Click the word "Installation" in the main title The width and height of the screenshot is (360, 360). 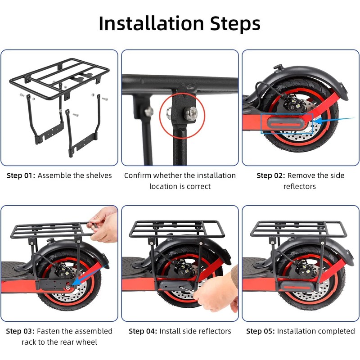tap(151, 23)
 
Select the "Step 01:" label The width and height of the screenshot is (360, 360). tap(21, 175)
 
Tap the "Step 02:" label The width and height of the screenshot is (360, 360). tap(271, 175)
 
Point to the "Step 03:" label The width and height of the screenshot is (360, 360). tap(20, 331)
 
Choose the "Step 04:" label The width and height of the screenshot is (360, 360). tap(143, 331)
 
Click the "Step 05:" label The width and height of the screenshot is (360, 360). tap(261, 331)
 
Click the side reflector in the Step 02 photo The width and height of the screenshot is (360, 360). tap(286, 124)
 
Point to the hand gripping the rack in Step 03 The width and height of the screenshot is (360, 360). tap(103, 224)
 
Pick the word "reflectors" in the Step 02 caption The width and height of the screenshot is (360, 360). tap(300, 186)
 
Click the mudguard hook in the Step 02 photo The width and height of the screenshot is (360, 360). tap(278, 67)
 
